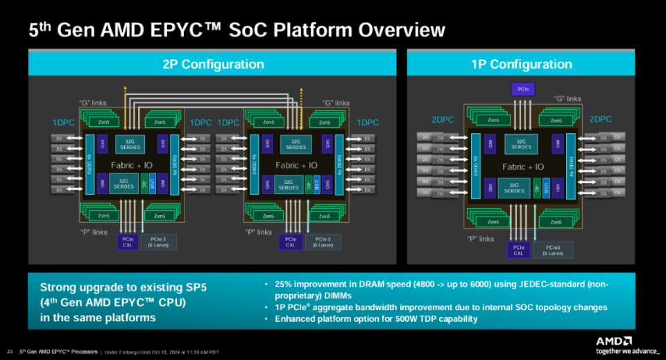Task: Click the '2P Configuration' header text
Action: [213, 65]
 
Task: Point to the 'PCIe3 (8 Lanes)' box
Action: [554, 250]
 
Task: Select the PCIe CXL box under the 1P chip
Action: [518, 250]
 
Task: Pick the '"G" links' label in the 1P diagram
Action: [567, 99]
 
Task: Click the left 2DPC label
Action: [441, 119]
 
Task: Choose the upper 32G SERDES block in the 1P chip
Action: [522, 144]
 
